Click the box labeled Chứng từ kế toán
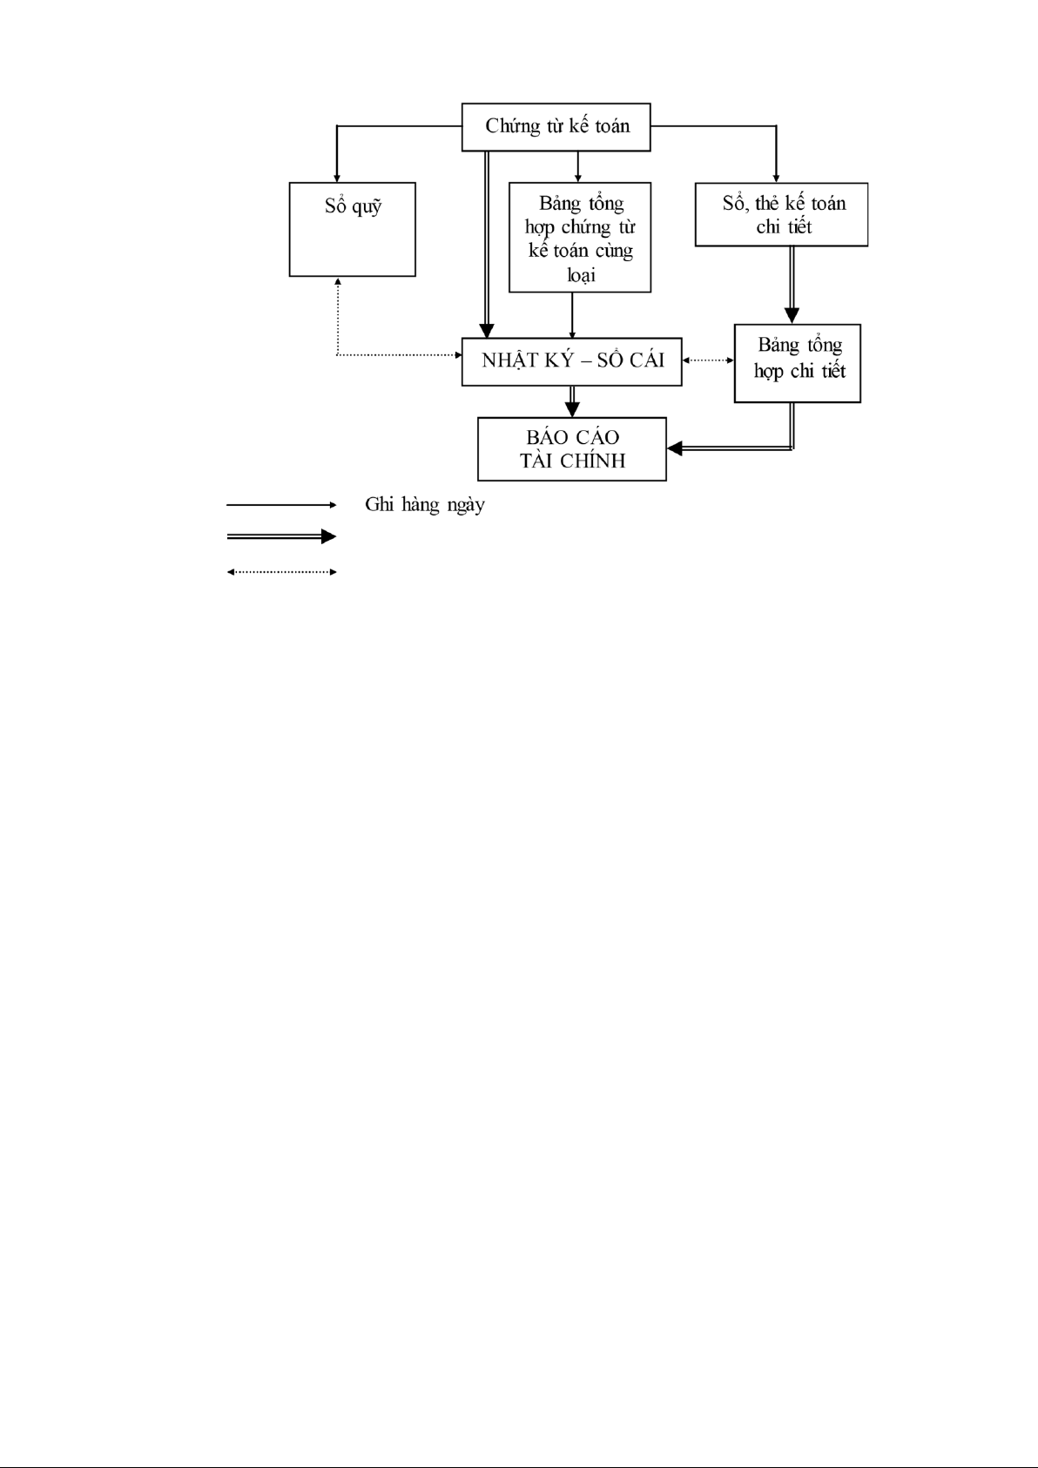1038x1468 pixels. (556, 126)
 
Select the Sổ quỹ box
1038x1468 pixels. (352, 229)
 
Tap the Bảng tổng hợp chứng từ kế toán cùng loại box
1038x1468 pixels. (579, 237)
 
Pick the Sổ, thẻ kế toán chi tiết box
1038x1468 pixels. (781, 214)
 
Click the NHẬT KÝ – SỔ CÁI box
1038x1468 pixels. (571, 360)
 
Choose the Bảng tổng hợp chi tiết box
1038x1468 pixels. (797, 363)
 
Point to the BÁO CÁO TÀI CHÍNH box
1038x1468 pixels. (572, 448)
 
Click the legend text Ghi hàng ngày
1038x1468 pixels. (425, 504)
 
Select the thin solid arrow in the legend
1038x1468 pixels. (280, 504)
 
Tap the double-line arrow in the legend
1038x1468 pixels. (280, 536)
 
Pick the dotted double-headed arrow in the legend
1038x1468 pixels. (280, 572)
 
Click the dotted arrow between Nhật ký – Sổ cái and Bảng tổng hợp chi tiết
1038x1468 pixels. (708, 360)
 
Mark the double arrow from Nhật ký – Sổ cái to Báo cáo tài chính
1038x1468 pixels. (572, 401)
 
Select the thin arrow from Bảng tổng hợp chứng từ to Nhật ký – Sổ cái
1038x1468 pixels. (572, 314)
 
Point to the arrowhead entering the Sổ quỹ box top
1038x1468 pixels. (337, 177)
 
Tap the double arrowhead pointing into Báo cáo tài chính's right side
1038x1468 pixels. (675, 448)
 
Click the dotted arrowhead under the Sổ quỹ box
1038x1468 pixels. (337, 282)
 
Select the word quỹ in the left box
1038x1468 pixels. (366, 208)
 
